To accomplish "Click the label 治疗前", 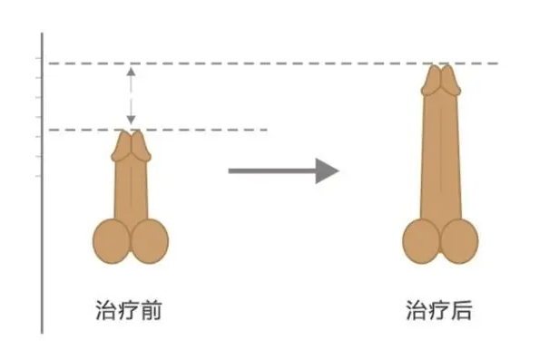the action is (x=128, y=311).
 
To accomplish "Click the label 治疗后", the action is (x=438, y=311).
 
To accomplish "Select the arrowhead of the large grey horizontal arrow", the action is (x=328, y=170).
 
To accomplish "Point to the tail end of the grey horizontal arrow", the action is (x=230, y=170).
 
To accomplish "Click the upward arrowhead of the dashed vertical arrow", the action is (x=132, y=70).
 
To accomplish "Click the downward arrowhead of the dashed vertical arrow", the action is (x=132, y=122).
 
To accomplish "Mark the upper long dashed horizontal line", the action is (x=272, y=63).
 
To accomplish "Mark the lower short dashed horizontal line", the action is (x=200, y=130).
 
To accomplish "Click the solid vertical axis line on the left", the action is (x=42, y=227).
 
